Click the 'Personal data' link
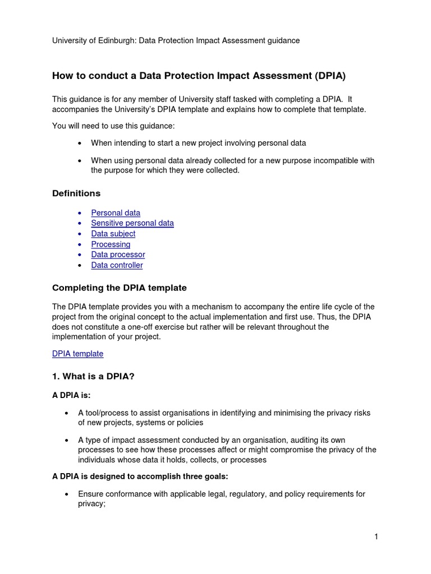116,213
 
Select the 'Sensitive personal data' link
132,223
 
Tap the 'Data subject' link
113,234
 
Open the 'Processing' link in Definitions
111,244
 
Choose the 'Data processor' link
118,254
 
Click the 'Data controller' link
117,265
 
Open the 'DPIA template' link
77,354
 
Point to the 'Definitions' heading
76,193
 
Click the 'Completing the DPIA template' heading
119,288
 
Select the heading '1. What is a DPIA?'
93,377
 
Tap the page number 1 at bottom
376,537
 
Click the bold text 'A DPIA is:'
71,395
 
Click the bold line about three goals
140,476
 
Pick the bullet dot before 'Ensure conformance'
67,494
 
